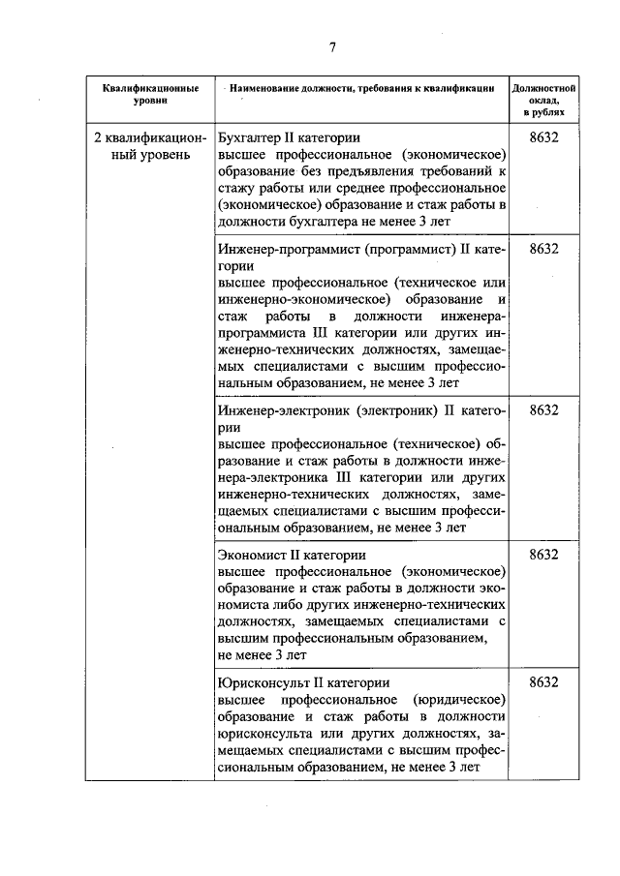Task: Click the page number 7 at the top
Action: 330,47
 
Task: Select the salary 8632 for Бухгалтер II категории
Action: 544,137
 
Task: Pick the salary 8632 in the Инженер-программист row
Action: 544,248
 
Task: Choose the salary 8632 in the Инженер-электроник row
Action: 544,409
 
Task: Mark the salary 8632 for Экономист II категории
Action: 544,555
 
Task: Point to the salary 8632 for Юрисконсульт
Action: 544,682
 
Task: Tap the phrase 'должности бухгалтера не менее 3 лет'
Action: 334,222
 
